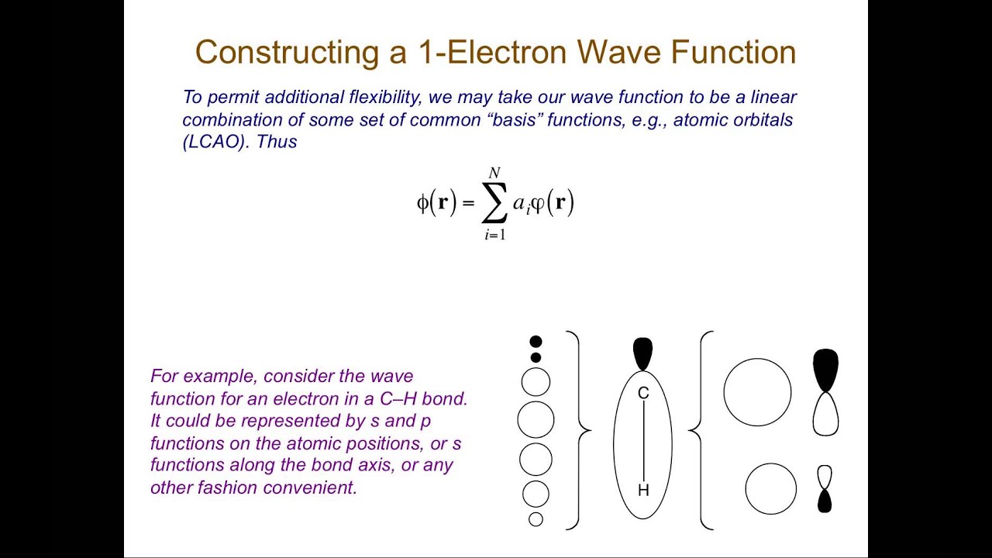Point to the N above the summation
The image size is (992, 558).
click(x=494, y=173)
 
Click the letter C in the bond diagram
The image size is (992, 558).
click(x=643, y=394)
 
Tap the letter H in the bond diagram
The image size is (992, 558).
click(x=643, y=490)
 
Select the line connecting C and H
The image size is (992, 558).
click(x=643, y=442)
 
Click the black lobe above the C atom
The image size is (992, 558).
click(x=643, y=353)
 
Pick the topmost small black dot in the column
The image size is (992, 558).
click(x=536, y=342)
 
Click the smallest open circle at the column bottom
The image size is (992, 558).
click(x=536, y=519)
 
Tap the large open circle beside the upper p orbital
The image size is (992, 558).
click(x=757, y=392)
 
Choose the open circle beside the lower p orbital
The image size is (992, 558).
click(x=770, y=489)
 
